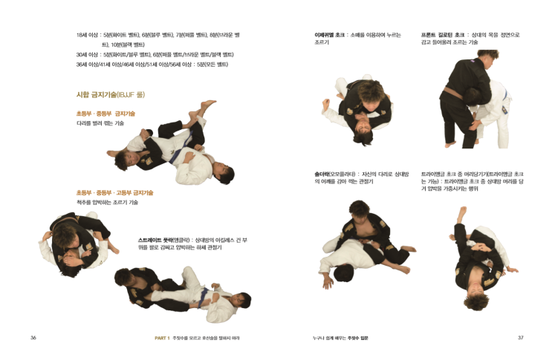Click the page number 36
tap(33, 338)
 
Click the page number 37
tap(520, 338)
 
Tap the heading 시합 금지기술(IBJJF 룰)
tap(110, 95)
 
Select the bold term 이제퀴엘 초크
tap(329, 35)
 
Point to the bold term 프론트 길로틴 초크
tap(438, 35)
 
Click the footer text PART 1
tap(162, 338)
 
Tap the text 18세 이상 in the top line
tap(87, 35)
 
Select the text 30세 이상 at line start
tap(87, 54)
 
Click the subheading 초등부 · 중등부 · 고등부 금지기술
tap(114, 192)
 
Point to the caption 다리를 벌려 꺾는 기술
tap(100, 123)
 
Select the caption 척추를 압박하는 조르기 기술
tap(107, 202)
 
